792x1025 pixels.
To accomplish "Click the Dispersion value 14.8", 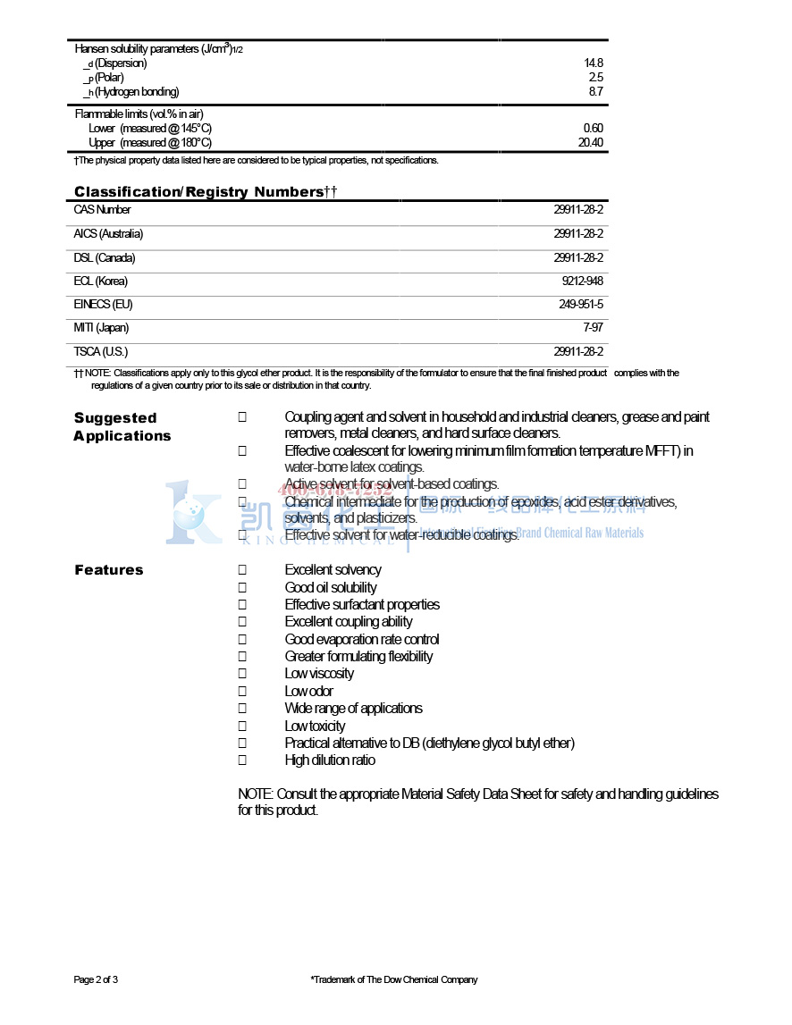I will [x=594, y=63].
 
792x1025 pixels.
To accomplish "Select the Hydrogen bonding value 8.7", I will [x=595, y=92].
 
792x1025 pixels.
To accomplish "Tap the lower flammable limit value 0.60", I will [x=593, y=129].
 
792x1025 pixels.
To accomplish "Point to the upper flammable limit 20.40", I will [x=591, y=143].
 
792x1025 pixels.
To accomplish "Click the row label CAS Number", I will [x=102, y=210].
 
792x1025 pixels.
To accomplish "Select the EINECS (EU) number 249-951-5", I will [x=581, y=305].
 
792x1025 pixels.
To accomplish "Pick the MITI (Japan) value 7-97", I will [x=592, y=328].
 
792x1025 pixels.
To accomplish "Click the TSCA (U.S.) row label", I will [x=101, y=352].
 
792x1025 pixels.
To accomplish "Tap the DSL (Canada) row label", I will [x=105, y=258].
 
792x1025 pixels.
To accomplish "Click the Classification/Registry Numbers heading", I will [x=205, y=192].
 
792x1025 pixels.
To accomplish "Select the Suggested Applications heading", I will [x=122, y=427].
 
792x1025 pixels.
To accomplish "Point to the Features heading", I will [x=109, y=570].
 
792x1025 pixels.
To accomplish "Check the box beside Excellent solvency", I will [x=242, y=570].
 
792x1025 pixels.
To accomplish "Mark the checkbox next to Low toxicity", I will [x=242, y=727].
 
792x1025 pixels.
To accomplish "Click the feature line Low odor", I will [x=309, y=692].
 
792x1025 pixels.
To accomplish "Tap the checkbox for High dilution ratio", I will [x=242, y=760].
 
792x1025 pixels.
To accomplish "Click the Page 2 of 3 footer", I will [x=96, y=980].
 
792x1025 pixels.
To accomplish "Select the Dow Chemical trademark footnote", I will [x=394, y=980].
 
